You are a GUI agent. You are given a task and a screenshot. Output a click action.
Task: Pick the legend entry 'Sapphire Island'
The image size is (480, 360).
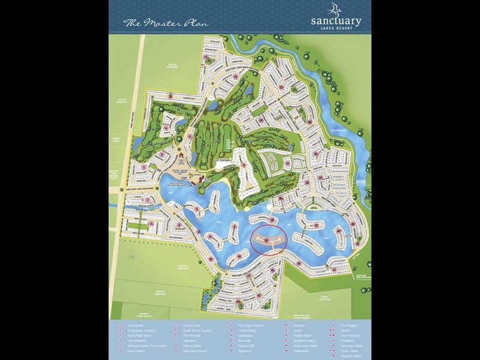[x=350, y=356]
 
